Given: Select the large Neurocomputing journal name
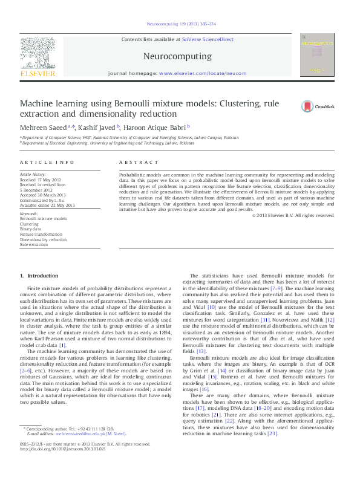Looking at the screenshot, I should [x=177, y=57].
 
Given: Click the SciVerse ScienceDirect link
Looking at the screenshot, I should [x=207, y=39].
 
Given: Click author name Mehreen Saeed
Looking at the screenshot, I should [x=45, y=128].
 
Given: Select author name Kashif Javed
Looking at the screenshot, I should [x=97, y=128].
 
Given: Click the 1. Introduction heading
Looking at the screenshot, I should [x=39, y=276].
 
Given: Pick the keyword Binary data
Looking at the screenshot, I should [x=31, y=229].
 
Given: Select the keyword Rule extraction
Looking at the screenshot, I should [x=34, y=245].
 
